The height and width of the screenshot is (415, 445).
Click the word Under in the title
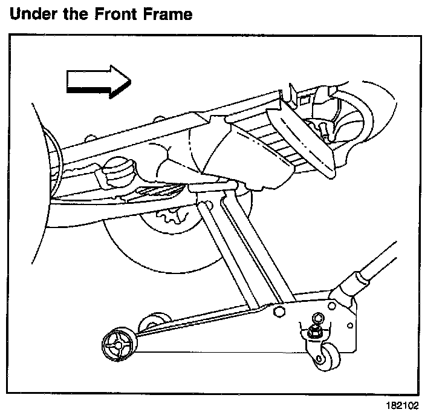[x=33, y=13]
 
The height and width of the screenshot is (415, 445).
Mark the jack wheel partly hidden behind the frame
[x=155, y=322]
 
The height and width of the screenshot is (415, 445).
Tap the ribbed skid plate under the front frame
[x=266, y=142]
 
